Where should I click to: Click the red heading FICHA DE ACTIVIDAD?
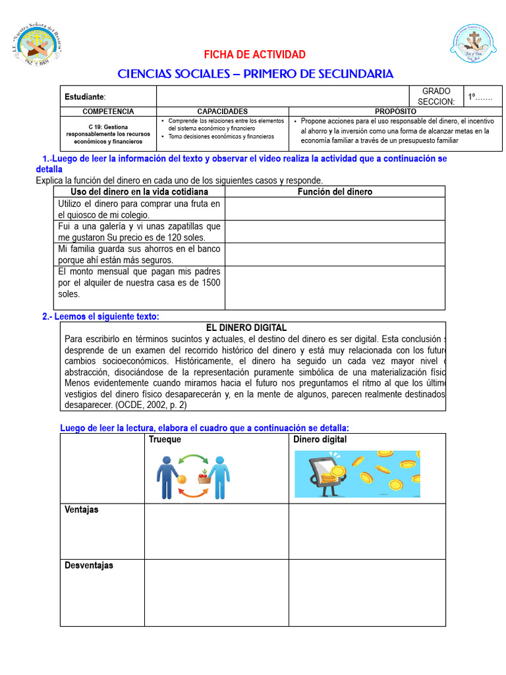pyautogui.click(x=254, y=54)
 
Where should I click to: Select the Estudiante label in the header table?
pyautogui.click(x=84, y=97)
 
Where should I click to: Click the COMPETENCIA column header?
pyautogui.click(x=108, y=111)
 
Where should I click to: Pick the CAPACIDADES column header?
pyautogui.click(x=222, y=111)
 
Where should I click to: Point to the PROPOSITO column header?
pyautogui.click(x=395, y=111)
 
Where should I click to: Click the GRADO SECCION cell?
pyautogui.click(x=436, y=96)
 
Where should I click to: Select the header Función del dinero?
pyautogui.click(x=335, y=192)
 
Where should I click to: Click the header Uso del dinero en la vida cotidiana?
pyautogui.click(x=139, y=192)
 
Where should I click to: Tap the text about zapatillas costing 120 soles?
pyautogui.click(x=139, y=231)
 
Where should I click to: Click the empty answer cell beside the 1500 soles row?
pyautogui.click(x=335, y=287)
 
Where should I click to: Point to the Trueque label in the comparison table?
pyautogui.click(x=165, y=440)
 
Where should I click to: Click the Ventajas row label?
pyautogui.click(x=81, y=510)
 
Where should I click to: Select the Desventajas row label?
pyautogui.click(x=88, y=566)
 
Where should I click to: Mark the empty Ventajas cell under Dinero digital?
pyautogui.click(x=366, y=531)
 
